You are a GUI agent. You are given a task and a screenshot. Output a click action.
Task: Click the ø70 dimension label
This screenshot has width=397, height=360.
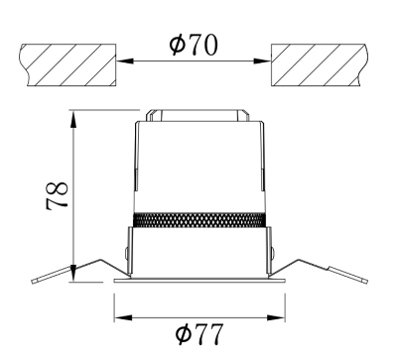[194, 45]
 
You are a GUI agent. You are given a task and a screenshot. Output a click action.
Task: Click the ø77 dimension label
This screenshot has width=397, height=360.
[198, 334]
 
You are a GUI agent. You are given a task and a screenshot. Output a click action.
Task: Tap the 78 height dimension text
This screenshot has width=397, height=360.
[57, 195]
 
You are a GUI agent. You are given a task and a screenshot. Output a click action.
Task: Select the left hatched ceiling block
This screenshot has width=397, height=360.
[67, 64]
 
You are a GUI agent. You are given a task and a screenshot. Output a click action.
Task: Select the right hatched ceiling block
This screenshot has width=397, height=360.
[320, 64]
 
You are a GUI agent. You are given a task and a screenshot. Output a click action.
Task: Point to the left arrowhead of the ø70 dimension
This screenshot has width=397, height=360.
[125, 60]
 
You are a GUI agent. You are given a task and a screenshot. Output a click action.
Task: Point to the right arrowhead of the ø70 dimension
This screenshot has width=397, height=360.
[262, 60]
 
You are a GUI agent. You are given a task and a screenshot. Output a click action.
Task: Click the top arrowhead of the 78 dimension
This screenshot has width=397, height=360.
[73, 119]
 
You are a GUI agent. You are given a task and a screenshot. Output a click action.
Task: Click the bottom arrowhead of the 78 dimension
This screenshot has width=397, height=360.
[73, 273]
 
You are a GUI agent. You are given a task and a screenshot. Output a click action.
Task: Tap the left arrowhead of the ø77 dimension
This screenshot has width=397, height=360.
[123, 318]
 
